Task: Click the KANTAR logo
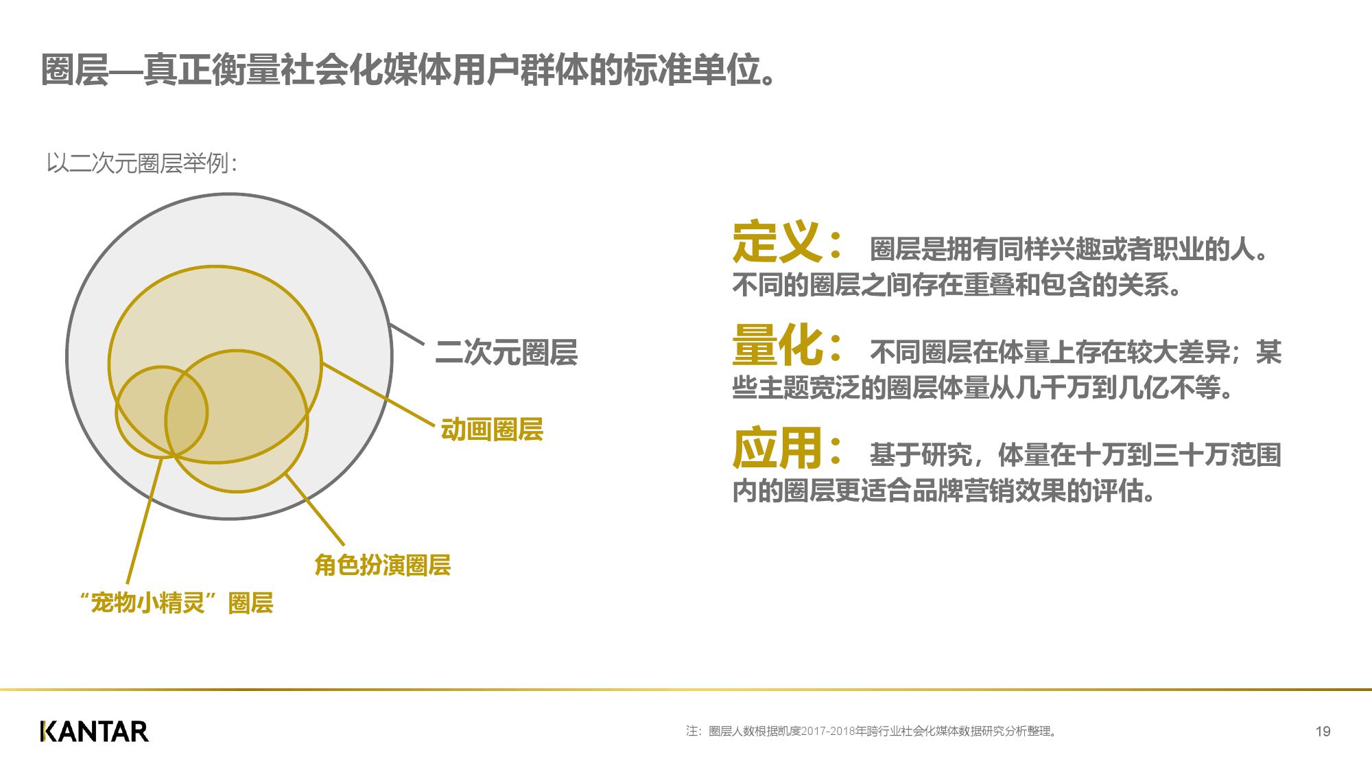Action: coord(95,732)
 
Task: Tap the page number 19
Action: coord(1323,732)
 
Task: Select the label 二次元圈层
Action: coord(506,353)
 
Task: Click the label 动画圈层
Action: coord(492,430)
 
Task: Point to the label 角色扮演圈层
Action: coord(382,565)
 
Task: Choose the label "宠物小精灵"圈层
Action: coord(177,603)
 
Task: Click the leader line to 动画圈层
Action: coord(378,394)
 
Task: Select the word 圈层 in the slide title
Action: coord(75,69)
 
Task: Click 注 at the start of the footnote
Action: coord(692,732)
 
